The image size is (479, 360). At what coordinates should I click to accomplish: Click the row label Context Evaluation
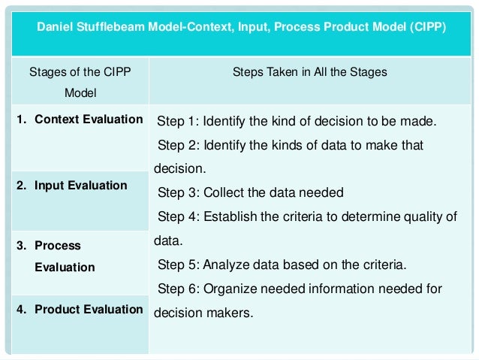tap(89, 119)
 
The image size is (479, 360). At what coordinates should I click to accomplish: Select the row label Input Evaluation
tap(80, 185)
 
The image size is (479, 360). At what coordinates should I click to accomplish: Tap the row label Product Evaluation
tap(89, 309)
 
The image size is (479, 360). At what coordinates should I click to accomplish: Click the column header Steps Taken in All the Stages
tap(310, 74)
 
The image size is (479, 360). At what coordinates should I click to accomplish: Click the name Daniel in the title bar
tap(56, 28)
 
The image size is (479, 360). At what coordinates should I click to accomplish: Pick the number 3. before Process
tap(23, 246)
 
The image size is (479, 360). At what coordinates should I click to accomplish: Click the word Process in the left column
tap(58, 246)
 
